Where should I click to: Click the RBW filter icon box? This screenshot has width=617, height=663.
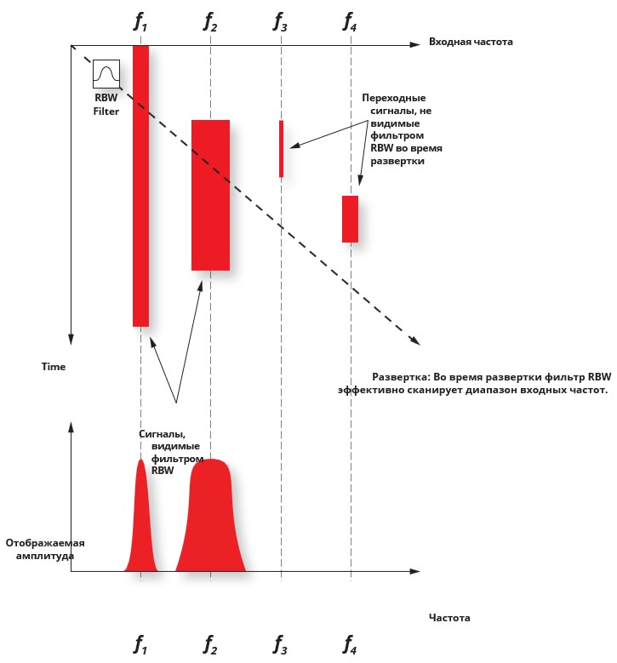pos(106,74)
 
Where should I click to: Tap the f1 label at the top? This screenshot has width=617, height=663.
pos(140,21)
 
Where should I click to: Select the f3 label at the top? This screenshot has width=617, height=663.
pos(280,21)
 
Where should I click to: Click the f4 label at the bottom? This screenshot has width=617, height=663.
pos(350,644)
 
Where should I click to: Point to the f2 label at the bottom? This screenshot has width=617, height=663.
pos(210,644)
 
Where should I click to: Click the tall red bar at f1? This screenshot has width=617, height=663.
pos(140,186)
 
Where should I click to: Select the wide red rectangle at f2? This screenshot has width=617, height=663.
pos(210,196)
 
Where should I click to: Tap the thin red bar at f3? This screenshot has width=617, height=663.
pos(281,149)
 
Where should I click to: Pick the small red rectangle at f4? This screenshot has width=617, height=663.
pos(350,219)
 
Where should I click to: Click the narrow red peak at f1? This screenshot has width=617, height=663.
pos(140,520)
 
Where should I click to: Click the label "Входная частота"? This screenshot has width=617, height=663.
pos(471,42)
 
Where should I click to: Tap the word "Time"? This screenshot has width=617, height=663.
pos(54,367)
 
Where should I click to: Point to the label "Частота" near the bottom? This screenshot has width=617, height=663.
pos(449,618)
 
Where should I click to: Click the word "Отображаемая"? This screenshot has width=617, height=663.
pos(45,543)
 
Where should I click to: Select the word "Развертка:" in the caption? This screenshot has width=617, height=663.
pos(400,377)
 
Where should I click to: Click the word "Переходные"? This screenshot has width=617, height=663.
pos(394,98)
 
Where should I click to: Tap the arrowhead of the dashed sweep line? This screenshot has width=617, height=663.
pos(415,341)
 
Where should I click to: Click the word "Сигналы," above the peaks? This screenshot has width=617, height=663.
pos(162,434)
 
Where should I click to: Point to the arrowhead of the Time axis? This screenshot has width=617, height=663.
pos(71,340)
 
